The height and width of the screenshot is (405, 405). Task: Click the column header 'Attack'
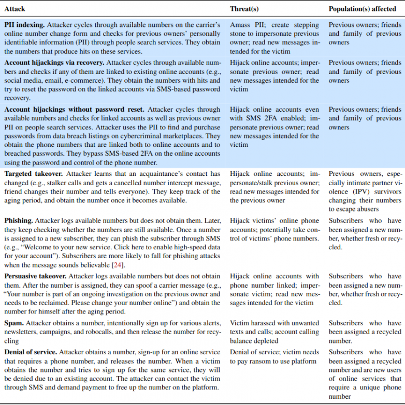pos(15,9)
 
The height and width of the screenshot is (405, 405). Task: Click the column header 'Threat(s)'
pos(244,9)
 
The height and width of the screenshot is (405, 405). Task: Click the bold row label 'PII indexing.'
pos(23,25)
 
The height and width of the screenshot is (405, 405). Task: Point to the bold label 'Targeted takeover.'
pos(34,174)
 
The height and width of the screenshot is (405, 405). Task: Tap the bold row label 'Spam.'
pos(15,323)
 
